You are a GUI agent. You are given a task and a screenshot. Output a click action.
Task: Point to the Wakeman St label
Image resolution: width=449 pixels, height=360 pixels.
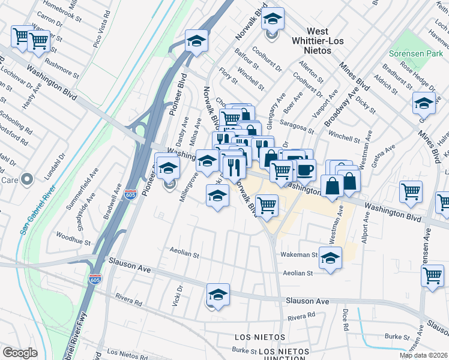tap(298, 255)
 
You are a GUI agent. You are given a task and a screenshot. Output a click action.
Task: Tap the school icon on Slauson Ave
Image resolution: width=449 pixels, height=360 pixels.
tap(218, 294)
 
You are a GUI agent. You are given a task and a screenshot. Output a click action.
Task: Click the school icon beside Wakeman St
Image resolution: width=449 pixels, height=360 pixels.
tap(330, 258)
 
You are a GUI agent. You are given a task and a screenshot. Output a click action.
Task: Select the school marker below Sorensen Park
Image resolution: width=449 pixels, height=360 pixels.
tap(424, 103)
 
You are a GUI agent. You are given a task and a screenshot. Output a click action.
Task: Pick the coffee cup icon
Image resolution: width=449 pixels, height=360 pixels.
tap(305, 169)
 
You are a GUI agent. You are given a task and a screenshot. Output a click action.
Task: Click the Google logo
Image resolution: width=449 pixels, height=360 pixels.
tap(20, 353)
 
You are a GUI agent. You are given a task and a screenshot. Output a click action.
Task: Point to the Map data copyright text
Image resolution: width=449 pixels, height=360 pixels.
tap(424, 355)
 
